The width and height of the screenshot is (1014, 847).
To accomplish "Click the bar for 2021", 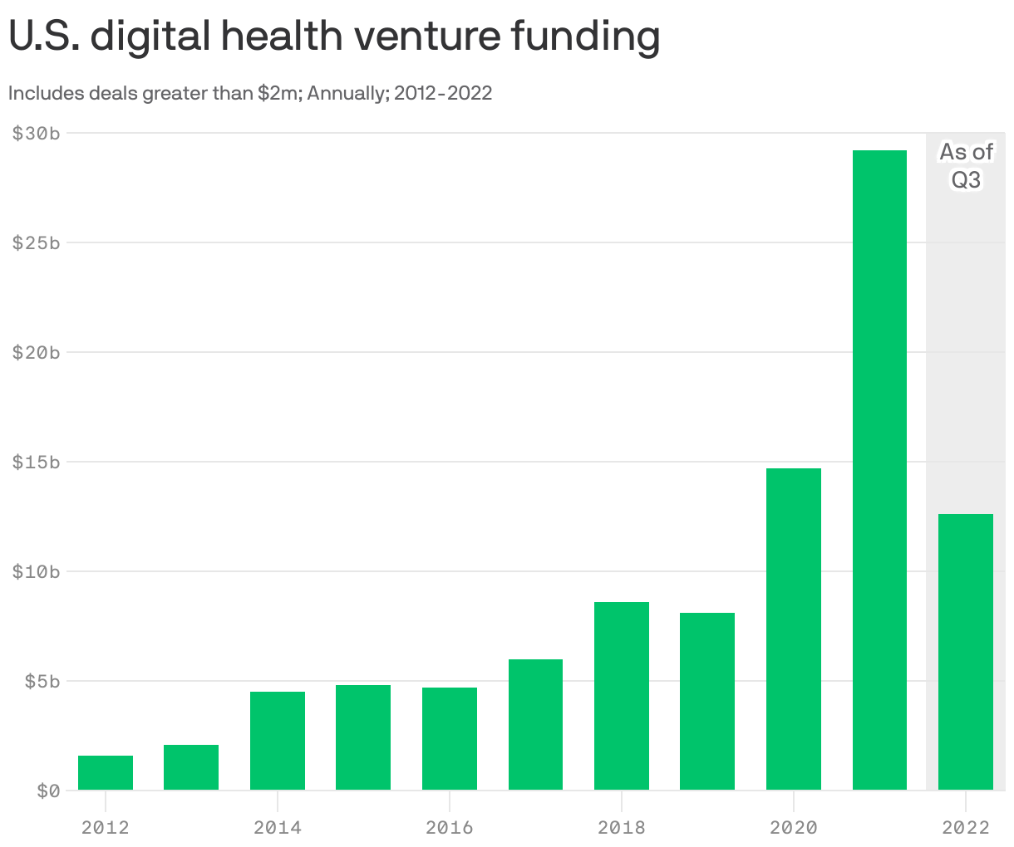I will [879, 470].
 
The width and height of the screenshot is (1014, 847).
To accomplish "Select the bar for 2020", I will [793, 629].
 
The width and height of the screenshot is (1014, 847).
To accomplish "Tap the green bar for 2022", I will [965, 652].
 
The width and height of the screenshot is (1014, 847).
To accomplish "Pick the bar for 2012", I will [106, 772].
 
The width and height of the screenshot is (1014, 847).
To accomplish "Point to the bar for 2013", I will [191, 767].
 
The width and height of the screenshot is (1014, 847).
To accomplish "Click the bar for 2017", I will [535, 724].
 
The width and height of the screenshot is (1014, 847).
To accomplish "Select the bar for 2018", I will [621, 696].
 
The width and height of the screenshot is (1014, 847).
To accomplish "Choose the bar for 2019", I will [707, 701].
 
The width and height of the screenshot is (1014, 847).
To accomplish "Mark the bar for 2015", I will [363, 737].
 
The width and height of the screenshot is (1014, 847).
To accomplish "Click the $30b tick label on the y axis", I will [36, 134].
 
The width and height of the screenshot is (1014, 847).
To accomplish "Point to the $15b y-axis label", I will [36, 463].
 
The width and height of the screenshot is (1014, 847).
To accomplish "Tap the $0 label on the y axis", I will [47, 791].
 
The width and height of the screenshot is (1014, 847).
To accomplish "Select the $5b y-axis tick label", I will [42, 682].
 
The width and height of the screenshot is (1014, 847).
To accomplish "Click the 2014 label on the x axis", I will [278, 827].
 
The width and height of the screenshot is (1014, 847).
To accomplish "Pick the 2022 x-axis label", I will [965, 827].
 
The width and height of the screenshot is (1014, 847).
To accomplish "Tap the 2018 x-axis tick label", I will [621, 827].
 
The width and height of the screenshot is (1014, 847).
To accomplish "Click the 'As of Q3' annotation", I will [966, 165].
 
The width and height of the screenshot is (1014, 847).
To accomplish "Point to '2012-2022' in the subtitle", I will [442, 93].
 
